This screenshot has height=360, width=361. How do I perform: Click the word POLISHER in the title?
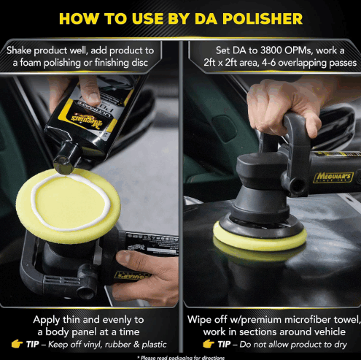tap(263, 19)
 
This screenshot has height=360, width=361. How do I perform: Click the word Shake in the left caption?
tap(19, 50)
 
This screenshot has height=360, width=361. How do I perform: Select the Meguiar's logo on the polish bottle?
tap(86, 120)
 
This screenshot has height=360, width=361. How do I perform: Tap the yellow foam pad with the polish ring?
tap(69, 206)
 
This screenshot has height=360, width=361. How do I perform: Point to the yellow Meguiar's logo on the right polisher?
tap(334, 177)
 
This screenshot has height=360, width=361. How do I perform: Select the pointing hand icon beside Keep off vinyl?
tap(18, 344)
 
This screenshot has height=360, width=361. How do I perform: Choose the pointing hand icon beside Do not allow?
tap(209, 344)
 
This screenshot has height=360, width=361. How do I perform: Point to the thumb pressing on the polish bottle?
tap(90, 91)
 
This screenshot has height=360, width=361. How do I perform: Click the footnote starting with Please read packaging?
tap(181, 358)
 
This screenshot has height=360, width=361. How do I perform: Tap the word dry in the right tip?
tap(341, 345)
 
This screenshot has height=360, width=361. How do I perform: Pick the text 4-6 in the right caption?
tap(268, 63)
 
